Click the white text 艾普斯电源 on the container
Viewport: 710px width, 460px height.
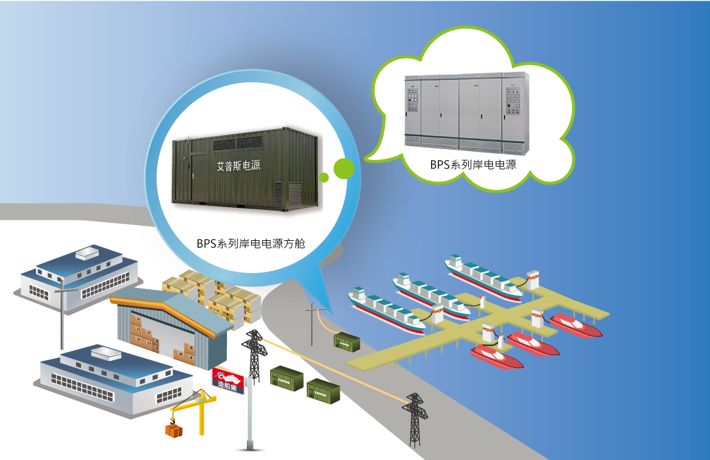[x=238, y=167]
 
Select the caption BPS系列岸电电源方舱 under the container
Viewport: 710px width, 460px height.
[x=251, y=243]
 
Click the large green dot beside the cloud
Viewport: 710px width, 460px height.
[x=343, y=168]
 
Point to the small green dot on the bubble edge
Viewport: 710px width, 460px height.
[x=323, y=178]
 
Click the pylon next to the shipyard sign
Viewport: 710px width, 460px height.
[x=254, y=355]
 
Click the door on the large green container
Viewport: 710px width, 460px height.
[x=199, y=177]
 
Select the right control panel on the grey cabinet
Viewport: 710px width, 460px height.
[x=513, y=103]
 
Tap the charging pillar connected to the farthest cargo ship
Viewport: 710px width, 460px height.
[x=532, y=280]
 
